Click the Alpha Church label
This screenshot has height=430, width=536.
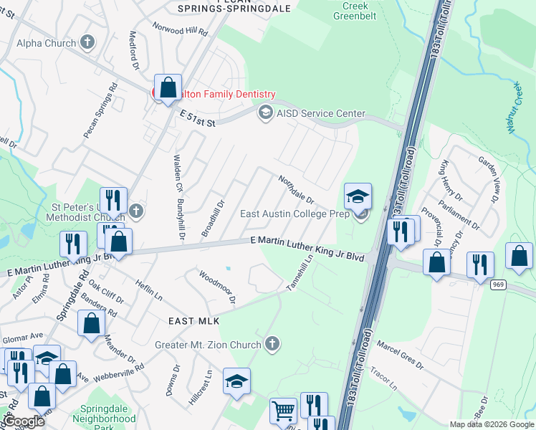pyautogui.click(x=47, y=43)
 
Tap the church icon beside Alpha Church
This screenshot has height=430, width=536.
pyautogui.click(x=88, y=42)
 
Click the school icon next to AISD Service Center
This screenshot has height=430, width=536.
pyautogui.click(x=266, y=113)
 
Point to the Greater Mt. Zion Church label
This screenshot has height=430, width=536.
pyautogui.click(x=208, y=345)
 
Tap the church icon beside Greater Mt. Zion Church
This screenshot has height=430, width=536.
pyautogui.click(x=271, y=345)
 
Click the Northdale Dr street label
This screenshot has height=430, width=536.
pyautogui.click(x=297, y=189)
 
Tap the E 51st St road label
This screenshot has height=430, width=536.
pyautogui.click(x=198, y=118)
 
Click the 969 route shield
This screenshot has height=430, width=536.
pyautogui.click(x=499, y=285)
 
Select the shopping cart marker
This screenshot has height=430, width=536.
pyautogui.click(x=283, y=411)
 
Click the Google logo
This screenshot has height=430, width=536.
pyautogui.click(x=23, y=422)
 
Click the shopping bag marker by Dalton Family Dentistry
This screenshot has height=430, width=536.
pyautogui.click(x=168, y=88)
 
